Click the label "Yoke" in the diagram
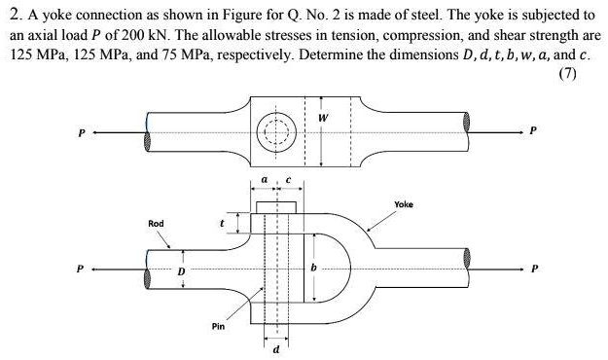point(404,205)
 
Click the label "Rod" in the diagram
point(156,224)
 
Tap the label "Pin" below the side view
point(219,326)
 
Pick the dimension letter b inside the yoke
point(314,265)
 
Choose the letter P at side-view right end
point(533,264)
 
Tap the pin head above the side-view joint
point(275,207)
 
